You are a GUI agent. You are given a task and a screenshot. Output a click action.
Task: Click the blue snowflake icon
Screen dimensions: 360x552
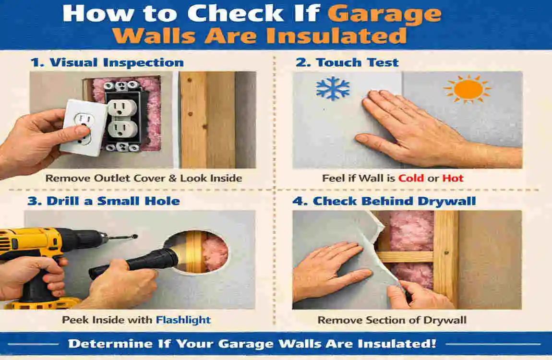(333, 89)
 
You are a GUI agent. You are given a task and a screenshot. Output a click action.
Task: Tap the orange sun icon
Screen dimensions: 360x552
(468, 90)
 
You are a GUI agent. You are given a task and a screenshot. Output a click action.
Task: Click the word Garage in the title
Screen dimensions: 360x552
(384, 14)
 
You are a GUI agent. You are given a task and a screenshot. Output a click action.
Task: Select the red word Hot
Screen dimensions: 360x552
(453, 179)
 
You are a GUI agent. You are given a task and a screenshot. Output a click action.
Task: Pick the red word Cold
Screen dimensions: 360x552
(411, 179)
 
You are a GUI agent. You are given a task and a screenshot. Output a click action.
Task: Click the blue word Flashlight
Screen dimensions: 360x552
(183, 320)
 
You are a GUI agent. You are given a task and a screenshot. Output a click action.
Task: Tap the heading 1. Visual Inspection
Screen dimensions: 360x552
(107, 62)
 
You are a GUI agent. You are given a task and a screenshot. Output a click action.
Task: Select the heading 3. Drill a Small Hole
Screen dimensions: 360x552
(103, 201)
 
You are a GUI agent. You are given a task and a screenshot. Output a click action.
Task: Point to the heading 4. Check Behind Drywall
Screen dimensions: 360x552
(384, 201)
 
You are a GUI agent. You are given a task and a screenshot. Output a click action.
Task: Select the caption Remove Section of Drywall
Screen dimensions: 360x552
(392, 320)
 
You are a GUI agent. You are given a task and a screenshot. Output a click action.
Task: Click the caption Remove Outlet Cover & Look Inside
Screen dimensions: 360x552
(144, 179)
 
